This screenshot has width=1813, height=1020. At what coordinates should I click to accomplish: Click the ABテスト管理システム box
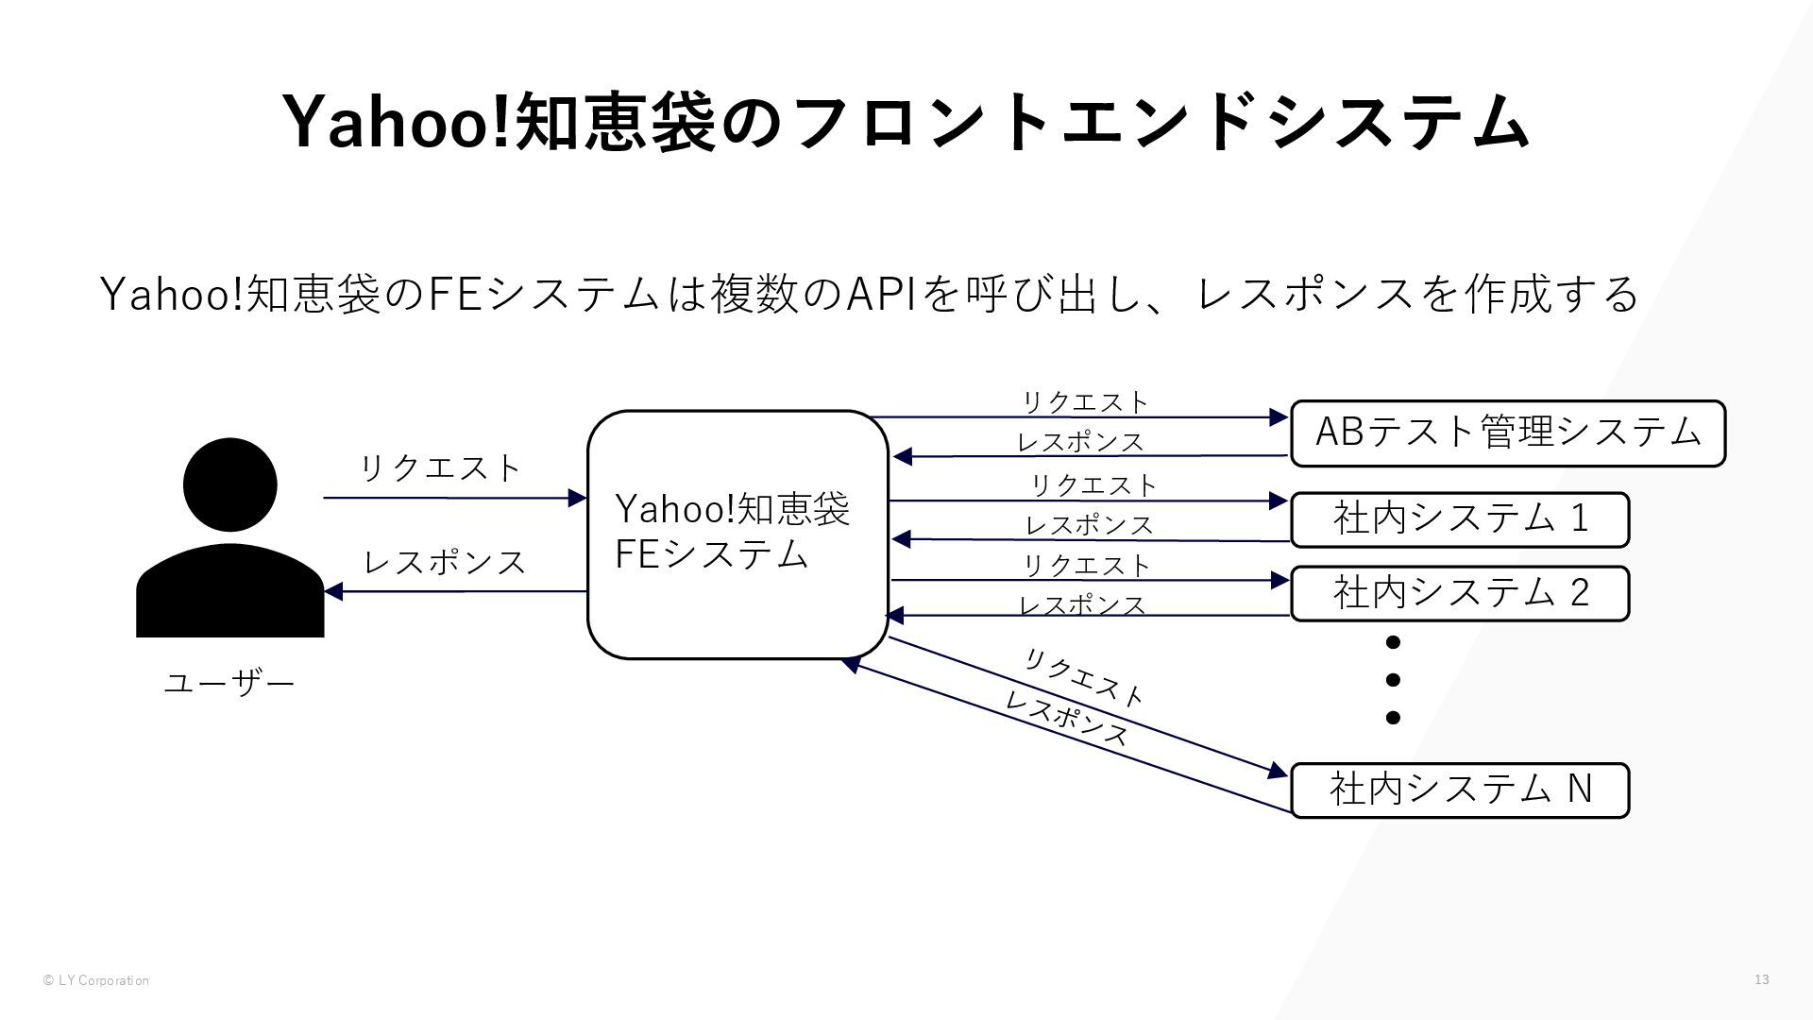[1508, 433]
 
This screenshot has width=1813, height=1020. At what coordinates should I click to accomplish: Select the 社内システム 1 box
[1460, 519]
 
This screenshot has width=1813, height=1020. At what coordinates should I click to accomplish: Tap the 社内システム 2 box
[1460, 593]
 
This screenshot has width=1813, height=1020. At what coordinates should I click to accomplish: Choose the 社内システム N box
[1460, 790]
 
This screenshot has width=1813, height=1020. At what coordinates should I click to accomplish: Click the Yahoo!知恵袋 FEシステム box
[737, 535]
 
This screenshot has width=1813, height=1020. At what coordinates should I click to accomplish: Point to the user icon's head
[230, 484]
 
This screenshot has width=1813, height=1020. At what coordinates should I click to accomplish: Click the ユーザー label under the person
[229, 682]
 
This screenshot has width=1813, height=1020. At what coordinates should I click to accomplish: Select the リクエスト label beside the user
[440, 467]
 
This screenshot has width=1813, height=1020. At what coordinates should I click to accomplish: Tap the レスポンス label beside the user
[445, 562]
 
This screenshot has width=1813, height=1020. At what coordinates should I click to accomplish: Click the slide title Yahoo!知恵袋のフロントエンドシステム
[906, 122]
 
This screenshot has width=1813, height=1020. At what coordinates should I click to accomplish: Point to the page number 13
[1762, 979]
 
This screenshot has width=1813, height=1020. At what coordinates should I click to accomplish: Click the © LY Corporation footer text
[95, 980]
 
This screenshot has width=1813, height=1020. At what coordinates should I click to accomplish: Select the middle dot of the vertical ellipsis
[1393, 680]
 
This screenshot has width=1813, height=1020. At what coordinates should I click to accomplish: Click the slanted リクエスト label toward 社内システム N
[1084, 678]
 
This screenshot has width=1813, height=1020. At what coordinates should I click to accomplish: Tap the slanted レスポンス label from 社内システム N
[1066, 719]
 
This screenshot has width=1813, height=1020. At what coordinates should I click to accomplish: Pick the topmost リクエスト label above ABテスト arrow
[1086, 402]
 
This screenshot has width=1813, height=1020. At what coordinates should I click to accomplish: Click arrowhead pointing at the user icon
[333, 592]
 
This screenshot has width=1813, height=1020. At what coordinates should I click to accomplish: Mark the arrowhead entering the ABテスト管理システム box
[1279, 417]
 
